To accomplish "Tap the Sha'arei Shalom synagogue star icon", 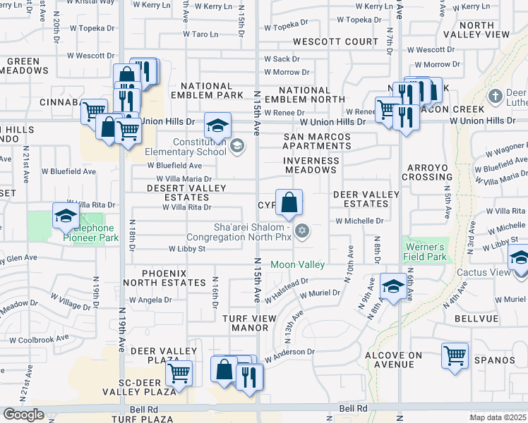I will pyautogui.click(x=302, y=231).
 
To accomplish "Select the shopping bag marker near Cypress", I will pyautogui.click(x=289, y=203).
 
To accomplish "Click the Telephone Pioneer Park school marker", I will pyautogui.click(x=66, y=216).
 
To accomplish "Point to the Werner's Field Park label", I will pyautogui.click(x=424, y=252).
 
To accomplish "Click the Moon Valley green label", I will pyautogui.click(x=297, y=264).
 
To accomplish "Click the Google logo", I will pyautogui.click(x=23, y=415).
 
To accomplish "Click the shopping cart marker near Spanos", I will pyautogui.click(x=455, y=355).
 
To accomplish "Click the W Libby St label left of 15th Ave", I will pyautogui.click(x=186, y=249).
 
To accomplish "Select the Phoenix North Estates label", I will pyautogui.click(x=174, y=278).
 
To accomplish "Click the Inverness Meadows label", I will pyautogui.click(x=311, y=166).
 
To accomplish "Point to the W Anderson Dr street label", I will pyautogui.click(x=289, y=352).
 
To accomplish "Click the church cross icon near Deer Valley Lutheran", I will pyautogui.click(x=496, y=95).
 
